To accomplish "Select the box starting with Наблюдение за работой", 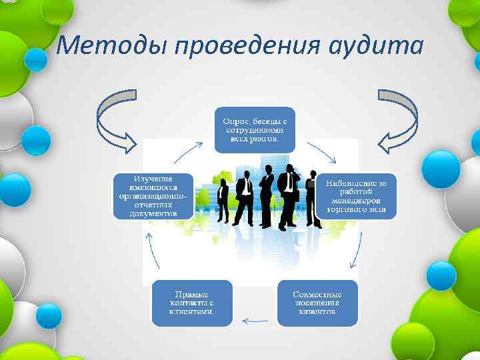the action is coord(361,196).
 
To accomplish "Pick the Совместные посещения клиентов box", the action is coord(317,303).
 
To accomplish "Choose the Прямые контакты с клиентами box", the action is coord(192,303).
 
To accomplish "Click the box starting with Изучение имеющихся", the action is coord(153,196).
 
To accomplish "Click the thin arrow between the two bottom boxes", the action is coord(254,321).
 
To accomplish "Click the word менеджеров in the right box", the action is coord(361,200).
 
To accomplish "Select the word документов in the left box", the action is coord(153,215).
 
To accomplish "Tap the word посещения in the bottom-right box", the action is coord(317,303).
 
